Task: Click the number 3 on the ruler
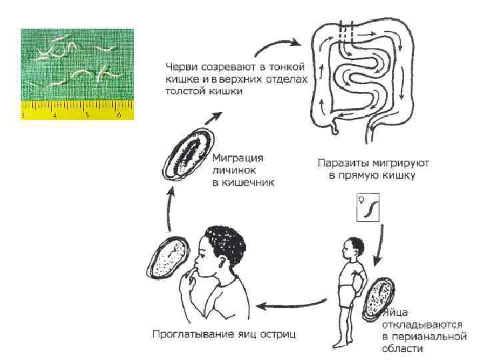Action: coord(23,115)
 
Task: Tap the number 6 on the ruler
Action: coord(119,115)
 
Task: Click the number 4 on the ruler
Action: coord(55,115)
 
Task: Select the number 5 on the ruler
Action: coord(87,115)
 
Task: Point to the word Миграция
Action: coord(237,158)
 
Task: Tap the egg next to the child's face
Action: coord(165,257)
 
